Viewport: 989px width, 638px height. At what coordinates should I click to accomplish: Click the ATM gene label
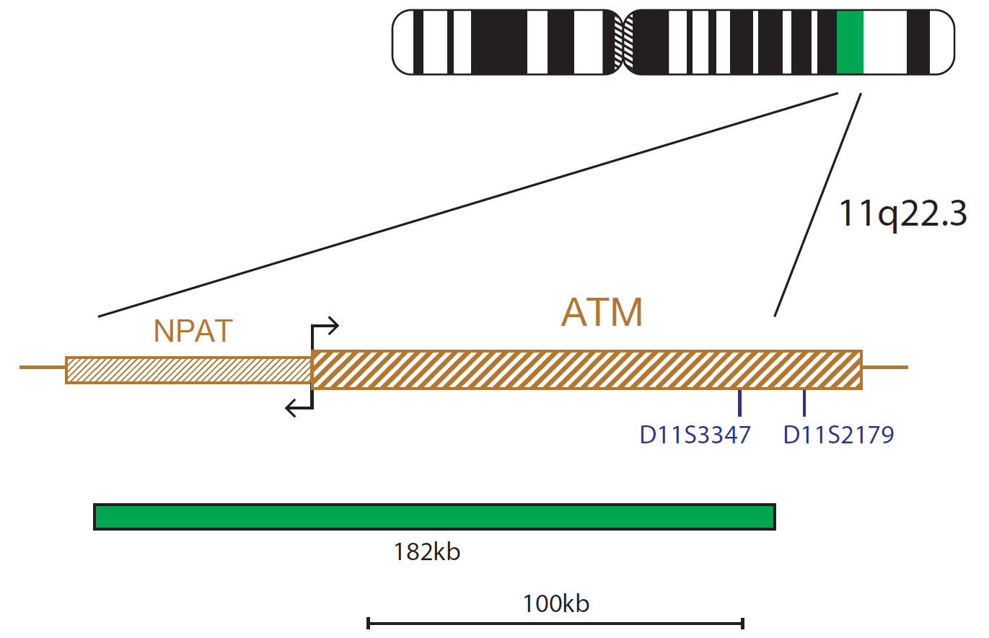coord(602,312)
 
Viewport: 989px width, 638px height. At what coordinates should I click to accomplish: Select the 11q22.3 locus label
coord(902,213)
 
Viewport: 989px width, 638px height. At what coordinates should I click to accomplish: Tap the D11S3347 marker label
coord(695,435)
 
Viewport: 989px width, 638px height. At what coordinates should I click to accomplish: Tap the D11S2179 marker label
coord(838,435)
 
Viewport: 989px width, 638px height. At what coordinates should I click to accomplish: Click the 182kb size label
coord(426,552)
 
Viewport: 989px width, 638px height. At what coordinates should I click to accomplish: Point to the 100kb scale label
coord(556,603)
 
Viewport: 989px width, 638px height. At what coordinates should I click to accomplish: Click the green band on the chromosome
coord(850,43)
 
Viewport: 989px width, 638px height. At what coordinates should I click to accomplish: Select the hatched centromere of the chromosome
coord(623,43)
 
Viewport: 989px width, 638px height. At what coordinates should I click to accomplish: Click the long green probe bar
coord(434,517)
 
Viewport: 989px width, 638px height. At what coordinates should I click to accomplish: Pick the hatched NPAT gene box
coord(188,370)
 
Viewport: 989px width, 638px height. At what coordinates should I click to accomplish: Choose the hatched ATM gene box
coord(586,370)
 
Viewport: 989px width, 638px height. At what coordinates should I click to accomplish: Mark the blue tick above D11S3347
coord(739,403)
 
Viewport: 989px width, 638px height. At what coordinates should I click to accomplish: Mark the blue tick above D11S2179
coord(804,403)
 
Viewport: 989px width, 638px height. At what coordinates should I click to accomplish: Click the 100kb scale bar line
coord(556,624)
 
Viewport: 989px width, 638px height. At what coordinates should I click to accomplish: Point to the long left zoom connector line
coord(468,205)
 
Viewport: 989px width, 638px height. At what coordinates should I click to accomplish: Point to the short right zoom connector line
coord(818,205)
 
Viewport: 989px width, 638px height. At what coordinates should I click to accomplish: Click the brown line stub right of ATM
coord(885,367)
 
